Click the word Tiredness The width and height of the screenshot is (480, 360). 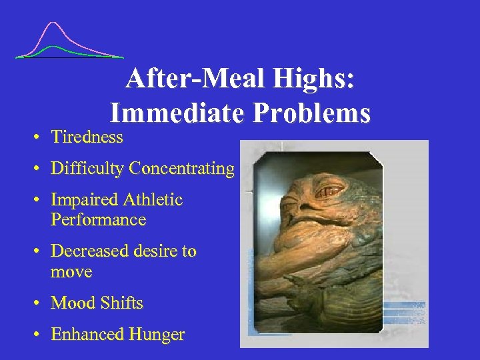click(87, 137)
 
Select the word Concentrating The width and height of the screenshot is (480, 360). click(181, 169)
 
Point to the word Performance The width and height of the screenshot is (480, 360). click(98, 220)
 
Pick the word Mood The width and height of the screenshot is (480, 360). click(72, 303)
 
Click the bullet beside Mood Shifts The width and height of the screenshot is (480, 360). click(39, 303)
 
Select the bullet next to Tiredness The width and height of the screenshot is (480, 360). click(39, 137)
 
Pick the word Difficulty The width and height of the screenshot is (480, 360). click(87, 169)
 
